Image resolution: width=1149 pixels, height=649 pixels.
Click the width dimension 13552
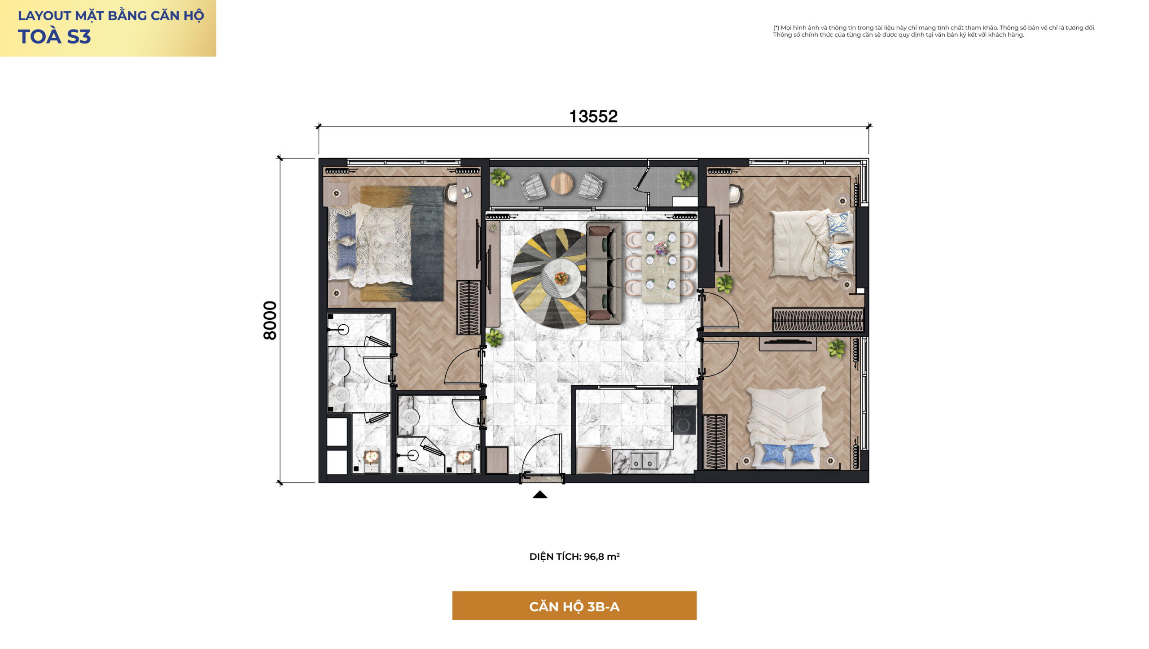click(x=593, y=117)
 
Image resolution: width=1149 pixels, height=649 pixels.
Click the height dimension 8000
click(x=270, y=320)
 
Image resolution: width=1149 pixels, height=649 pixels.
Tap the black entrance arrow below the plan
click(x=540, y=495)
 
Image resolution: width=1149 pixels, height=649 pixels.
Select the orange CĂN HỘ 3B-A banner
click(x=574, y=606)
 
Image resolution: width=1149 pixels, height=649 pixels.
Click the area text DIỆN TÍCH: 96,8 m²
click(x=574, y=557)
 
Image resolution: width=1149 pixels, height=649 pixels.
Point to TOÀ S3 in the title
click(x=54, y=37)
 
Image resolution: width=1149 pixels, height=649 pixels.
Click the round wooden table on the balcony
click(x=561, y=183)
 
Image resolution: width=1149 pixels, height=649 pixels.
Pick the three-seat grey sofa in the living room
click(x=604, y=273)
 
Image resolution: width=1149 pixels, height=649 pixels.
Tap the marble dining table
click(x=660, y=262)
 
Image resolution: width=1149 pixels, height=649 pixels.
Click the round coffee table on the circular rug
click(x=561, y=279)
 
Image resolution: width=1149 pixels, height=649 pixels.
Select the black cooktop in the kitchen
click(x=684, y=419)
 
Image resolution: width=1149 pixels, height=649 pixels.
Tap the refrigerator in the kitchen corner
click(x=594, y=460)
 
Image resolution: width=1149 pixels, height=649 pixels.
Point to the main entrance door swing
click(x=542, y=453)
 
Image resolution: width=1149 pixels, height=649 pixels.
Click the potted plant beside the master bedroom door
click(x=494, y=338)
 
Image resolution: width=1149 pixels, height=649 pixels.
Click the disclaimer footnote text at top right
click(x=934, y=31)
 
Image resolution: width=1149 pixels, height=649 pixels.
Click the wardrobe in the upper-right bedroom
click(x=818, y=320)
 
